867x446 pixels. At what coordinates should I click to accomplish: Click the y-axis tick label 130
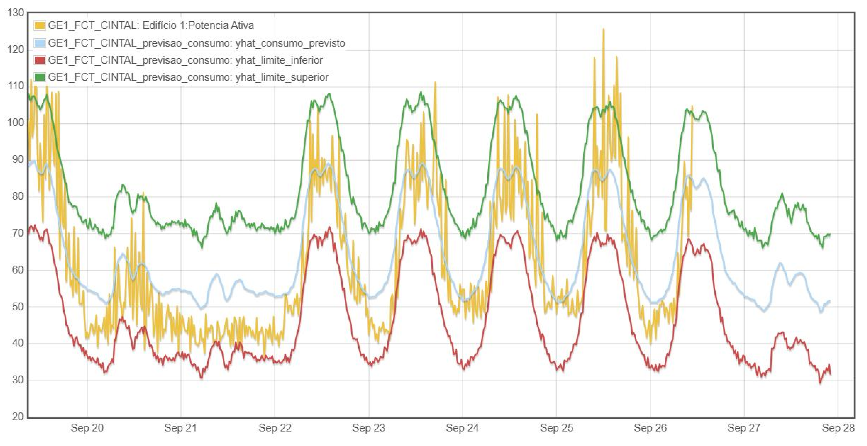(x=15, y=13)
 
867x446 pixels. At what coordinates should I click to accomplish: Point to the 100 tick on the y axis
(x=15, y=123)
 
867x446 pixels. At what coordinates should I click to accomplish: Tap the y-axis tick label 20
(x=18, y=417)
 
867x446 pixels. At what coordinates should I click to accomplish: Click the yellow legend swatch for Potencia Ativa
(x=40, y=26)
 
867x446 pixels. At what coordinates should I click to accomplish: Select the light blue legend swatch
(x=40, y=43)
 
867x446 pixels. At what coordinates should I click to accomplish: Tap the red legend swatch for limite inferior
(x=40, y=60)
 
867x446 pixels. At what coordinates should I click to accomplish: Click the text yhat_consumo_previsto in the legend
(x=290, y=43)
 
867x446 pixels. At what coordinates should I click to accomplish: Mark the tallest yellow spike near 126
(x=603, y=29)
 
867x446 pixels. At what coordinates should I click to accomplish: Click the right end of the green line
(x=830, y=234)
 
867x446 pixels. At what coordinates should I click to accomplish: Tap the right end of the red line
(x=830, y=374)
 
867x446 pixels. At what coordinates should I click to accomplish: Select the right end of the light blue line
(x=830, y=301)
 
